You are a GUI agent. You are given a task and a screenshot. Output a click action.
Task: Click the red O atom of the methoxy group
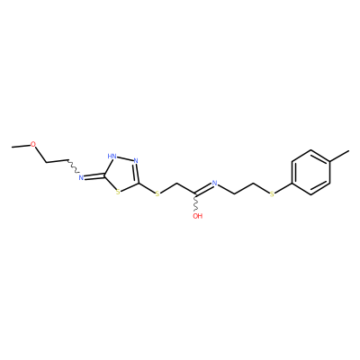33,144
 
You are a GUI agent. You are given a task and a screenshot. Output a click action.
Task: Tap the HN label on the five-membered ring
112,157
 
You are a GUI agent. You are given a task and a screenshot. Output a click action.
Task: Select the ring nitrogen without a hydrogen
136,160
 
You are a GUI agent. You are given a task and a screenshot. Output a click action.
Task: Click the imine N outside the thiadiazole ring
81,177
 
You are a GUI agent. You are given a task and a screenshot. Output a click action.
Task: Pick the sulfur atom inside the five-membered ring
118,192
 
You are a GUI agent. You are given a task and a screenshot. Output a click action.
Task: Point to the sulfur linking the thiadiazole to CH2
157,194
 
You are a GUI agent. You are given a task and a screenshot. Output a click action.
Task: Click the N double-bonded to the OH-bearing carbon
214,183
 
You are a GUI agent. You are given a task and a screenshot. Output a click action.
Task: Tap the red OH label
198,216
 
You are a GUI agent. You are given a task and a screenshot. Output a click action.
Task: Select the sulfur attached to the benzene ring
272,194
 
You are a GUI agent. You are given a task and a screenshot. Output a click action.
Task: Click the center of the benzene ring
310,173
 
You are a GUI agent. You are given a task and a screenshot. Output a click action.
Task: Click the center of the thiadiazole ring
122,175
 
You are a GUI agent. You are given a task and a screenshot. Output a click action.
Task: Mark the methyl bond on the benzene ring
339,156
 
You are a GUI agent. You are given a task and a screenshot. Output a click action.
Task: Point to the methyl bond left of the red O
21,146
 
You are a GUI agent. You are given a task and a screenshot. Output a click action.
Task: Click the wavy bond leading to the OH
196,202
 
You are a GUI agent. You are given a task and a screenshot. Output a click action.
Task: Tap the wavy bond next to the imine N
73,166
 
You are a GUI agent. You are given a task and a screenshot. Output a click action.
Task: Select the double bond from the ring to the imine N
94,176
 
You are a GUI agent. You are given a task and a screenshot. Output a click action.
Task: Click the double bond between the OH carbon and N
203,189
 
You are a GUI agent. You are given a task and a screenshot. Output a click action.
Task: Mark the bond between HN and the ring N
125,158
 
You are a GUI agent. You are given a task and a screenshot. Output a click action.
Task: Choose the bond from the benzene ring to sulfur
283,189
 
